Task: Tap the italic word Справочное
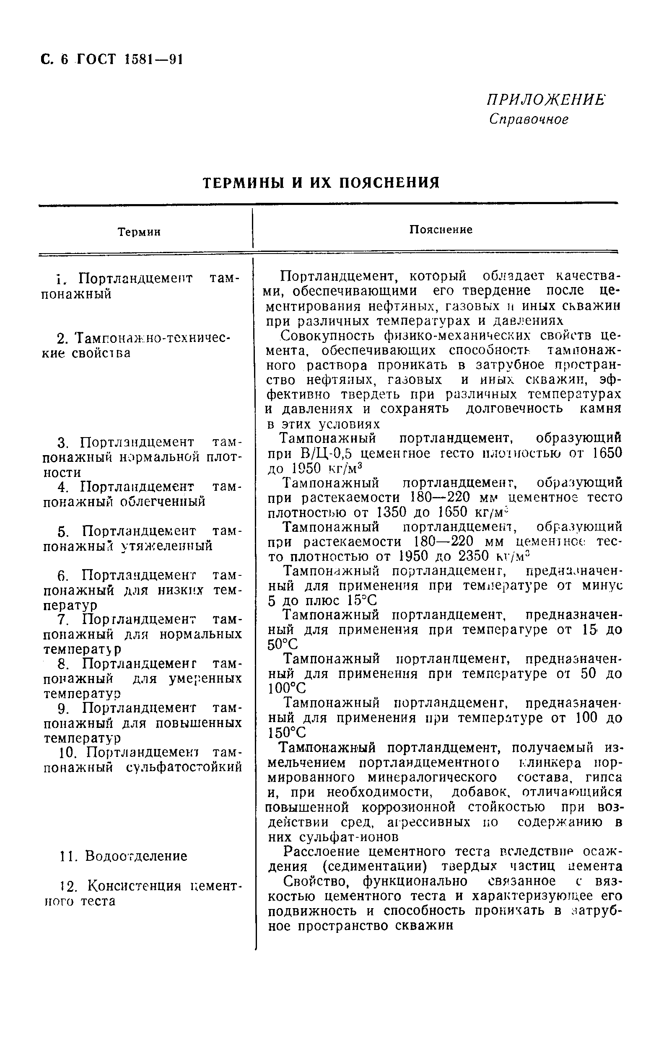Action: point(529,119)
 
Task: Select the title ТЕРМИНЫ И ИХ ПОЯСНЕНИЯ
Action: point(321,183)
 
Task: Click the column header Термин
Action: point(139,233)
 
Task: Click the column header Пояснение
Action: point(441,230)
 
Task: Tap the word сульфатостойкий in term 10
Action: point(184,768)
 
